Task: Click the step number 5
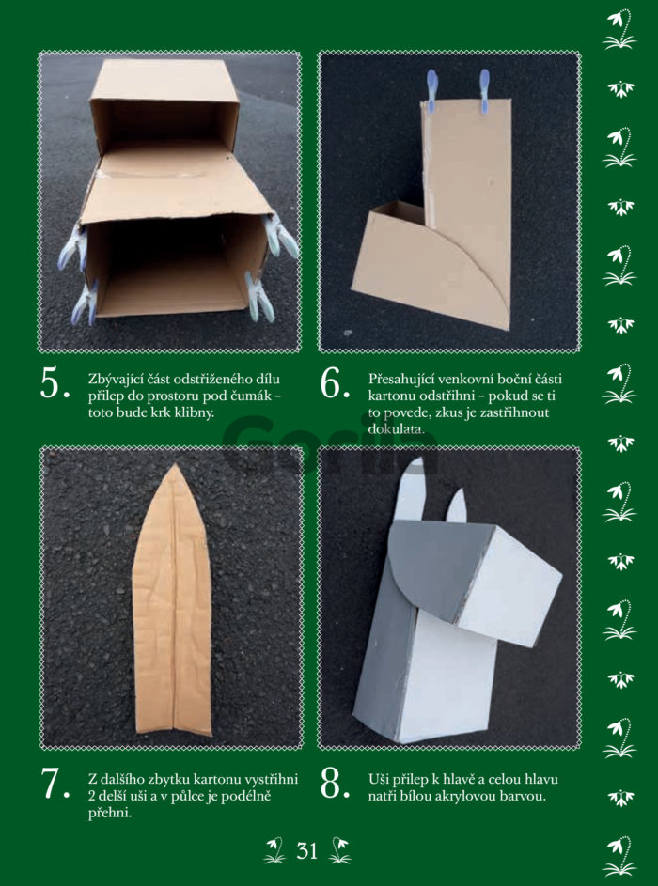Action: click(55, 384)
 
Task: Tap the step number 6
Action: click(335, 384)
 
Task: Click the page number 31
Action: click(307, 850)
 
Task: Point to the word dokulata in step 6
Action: click(395, 429)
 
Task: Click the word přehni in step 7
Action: click(109, 815)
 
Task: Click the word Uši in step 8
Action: click(378, 780)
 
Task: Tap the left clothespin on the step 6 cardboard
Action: click(431, 91)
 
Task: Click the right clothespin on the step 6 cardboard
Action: click(484, 91)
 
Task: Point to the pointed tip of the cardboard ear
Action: click(176, 465)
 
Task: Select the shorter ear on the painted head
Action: click(457, 506)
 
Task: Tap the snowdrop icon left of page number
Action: click(274, 850)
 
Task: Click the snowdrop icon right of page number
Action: click(339, 850)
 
